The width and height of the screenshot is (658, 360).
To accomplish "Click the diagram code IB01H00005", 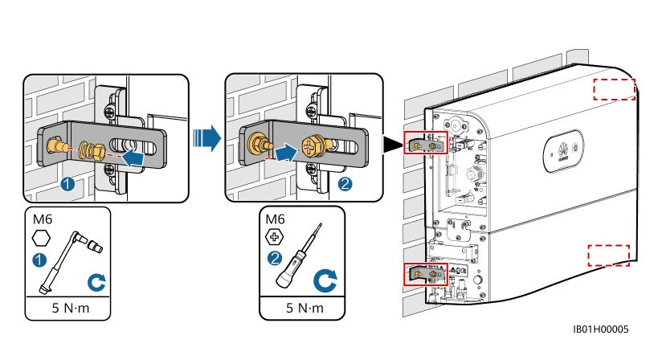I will tap(601, 329).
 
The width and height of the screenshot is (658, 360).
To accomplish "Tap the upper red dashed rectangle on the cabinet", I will tap(614, 88).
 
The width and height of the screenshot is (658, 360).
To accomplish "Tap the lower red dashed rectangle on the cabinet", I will tap(608, 255).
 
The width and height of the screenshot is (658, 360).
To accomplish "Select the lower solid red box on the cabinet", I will tap(423, 274).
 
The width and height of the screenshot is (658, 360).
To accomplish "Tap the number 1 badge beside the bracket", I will tap(68, 185).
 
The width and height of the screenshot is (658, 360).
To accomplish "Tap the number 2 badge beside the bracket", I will tap(345, 184).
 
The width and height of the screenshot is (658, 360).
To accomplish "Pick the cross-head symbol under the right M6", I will tap(275, 239).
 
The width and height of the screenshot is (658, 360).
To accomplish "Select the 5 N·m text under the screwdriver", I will tap(302, 307).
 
